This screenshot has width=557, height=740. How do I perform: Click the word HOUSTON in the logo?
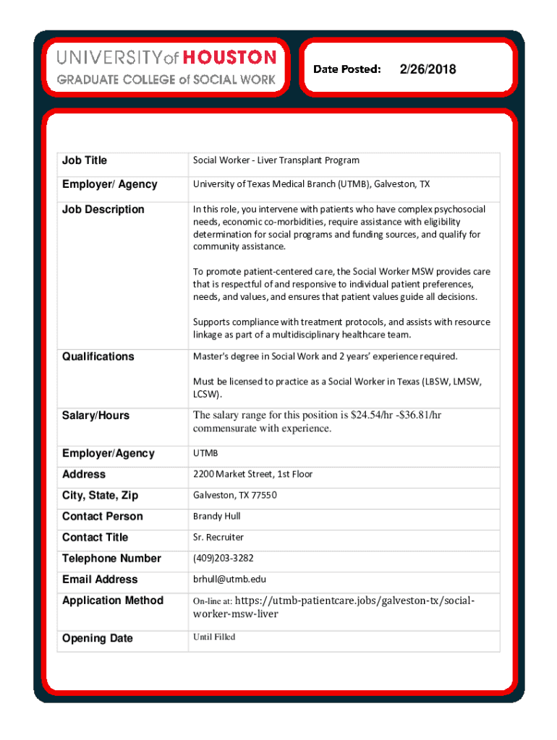[x=229, y=57]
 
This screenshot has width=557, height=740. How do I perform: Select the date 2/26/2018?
[x=427, y=69]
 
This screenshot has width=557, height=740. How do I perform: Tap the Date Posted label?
[x=346, y=69]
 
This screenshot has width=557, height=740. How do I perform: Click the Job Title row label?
[x=85, y=160]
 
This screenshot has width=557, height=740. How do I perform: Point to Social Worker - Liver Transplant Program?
[x=276, y=160]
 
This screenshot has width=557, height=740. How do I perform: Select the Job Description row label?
[x=103, y=210]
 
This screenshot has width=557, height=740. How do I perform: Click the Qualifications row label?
[x=98, y=356]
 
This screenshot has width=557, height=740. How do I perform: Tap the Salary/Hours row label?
[x=95, y=416]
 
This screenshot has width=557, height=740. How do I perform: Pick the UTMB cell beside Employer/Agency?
[x=205, y=453]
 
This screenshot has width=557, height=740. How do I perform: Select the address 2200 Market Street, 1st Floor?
[x=252, y=474]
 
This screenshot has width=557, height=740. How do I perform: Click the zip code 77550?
[x=264, y=495]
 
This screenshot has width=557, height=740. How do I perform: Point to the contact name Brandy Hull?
[x=216, y=516]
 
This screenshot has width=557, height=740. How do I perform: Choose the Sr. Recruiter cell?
[x=218, y=537]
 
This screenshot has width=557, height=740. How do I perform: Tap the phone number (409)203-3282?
[x=223, y=558]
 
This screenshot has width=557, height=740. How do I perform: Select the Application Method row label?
[x=113, y=601]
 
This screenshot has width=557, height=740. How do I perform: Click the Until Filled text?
[x=213, y=637]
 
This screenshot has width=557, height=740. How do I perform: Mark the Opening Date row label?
[x=97, y=639]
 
